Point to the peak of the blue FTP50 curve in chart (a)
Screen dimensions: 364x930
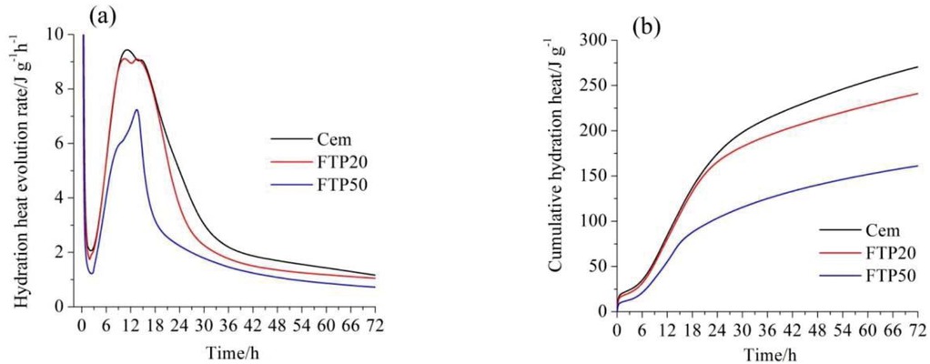pyautogui.click(x=136, y=110)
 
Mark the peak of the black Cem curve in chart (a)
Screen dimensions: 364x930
pyautogui.click(x=127, y=50)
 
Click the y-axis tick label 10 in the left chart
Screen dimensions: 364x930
pyautogui.click(x=56, y=35)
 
